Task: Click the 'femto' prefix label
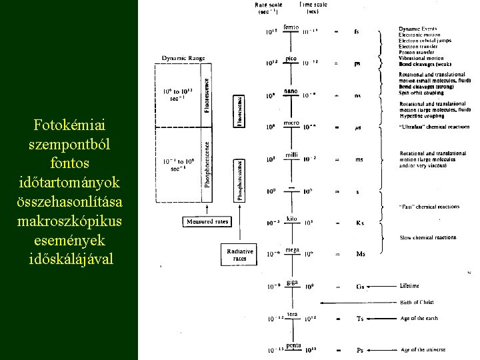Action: click(x=291, y=27)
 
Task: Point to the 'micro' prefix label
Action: click(x=291, y=123)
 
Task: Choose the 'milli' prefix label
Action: click(x=291, y=155)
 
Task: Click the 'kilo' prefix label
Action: click(x=291, y=218)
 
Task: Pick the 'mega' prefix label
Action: click(x=292, y=249)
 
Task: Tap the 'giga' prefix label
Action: click(x=292, y=282)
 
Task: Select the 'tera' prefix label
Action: click(x=292, y=314)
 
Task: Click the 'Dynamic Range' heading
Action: click(x=181, y=58)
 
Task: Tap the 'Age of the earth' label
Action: click(x=419, y=318)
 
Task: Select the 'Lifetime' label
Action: click(x=409, y=286)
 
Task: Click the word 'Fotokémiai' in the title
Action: click(x=69, y=125)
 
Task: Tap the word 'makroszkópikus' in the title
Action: click(x=69, y=219)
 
